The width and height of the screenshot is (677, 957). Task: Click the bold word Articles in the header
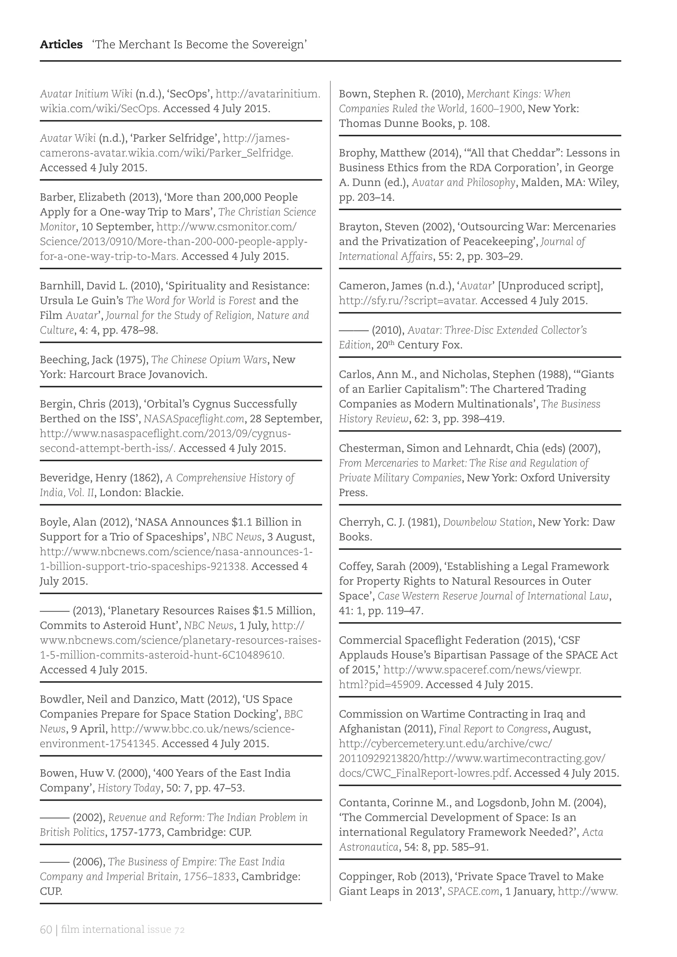[x=61, y=45]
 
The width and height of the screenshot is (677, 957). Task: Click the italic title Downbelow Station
[x=487, y=522]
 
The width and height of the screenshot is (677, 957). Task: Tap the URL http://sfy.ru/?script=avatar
[x=408, y=301]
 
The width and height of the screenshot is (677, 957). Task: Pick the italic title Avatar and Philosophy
[x=463, y=182]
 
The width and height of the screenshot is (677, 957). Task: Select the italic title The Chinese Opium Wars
[x=209, y=360]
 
